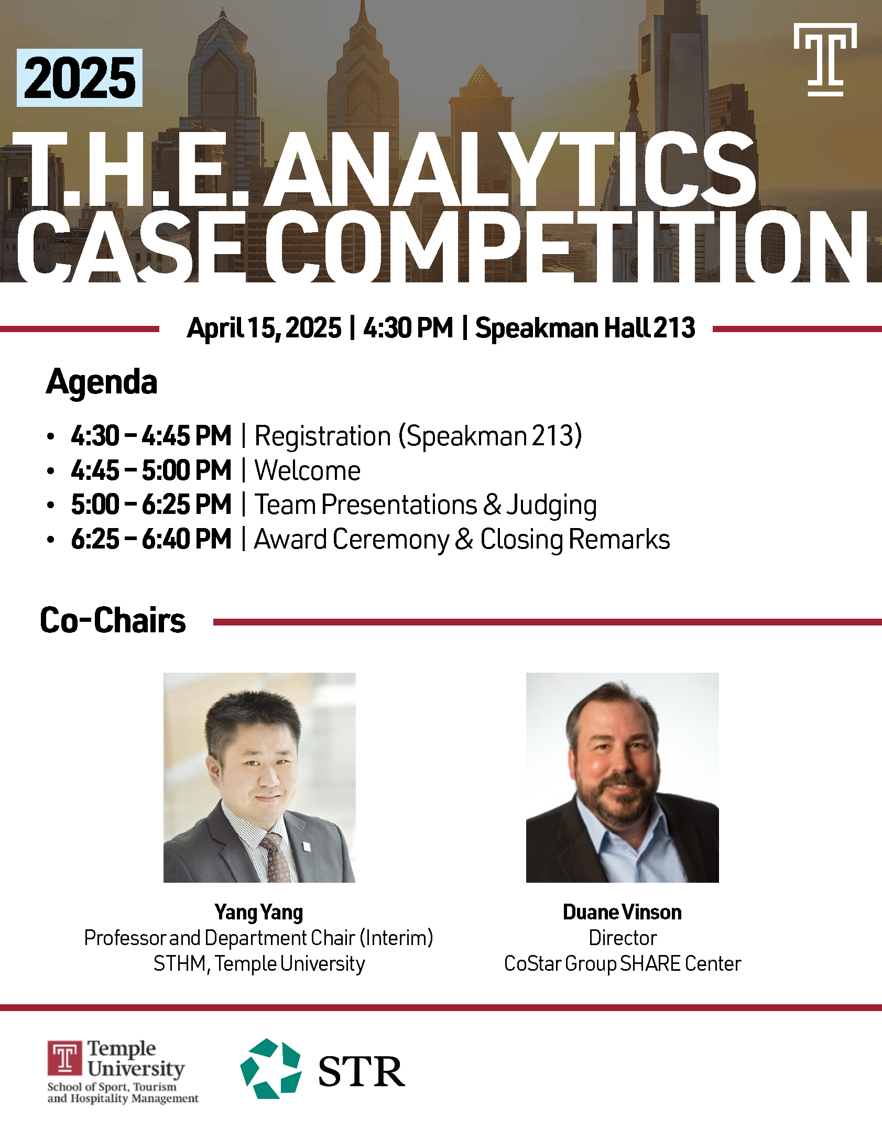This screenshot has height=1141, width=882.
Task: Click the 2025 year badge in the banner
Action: (80, 78)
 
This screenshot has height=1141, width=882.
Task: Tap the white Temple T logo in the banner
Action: (825, 59)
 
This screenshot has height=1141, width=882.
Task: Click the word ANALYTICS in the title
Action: (510, 169)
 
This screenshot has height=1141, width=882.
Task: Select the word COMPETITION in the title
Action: (566, 246)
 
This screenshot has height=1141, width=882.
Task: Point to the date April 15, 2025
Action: (264, 328)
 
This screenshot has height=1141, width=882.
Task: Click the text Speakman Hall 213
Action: (585, 328)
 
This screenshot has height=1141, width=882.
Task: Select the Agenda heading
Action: (102, 382)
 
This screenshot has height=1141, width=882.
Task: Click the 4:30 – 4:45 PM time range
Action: (151, 436)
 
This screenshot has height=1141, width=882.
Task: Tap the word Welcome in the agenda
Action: (308, 470)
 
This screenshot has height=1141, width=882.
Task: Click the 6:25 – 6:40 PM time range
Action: (151, 539)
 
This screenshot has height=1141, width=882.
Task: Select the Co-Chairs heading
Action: (113, 620)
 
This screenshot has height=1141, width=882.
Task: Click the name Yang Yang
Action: (259, 913)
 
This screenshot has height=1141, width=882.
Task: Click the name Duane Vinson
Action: (622, 912)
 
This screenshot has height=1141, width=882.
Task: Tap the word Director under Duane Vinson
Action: (623, 938)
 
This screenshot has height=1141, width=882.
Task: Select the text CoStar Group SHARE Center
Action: (623, 964)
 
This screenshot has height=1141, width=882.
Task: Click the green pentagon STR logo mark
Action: (271, 1068)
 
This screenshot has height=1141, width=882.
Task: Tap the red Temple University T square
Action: (65, 1058)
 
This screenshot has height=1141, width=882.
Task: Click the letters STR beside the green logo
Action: (361, 1071)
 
